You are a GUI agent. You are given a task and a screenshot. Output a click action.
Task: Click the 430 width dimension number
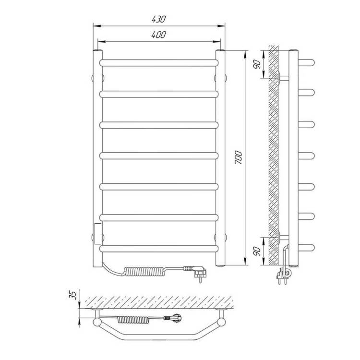point(158,19)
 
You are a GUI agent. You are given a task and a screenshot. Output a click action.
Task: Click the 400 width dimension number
point(158,35)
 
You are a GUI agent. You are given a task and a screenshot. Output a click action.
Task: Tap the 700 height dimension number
point(238,157)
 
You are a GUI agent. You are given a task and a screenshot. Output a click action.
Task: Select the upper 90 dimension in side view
point(257,64)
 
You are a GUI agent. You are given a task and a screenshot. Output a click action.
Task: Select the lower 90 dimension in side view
point(257,252)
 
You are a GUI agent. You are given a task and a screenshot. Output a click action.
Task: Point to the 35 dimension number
point(72,295)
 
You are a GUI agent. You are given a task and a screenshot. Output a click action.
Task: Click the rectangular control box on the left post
point(98,233)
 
